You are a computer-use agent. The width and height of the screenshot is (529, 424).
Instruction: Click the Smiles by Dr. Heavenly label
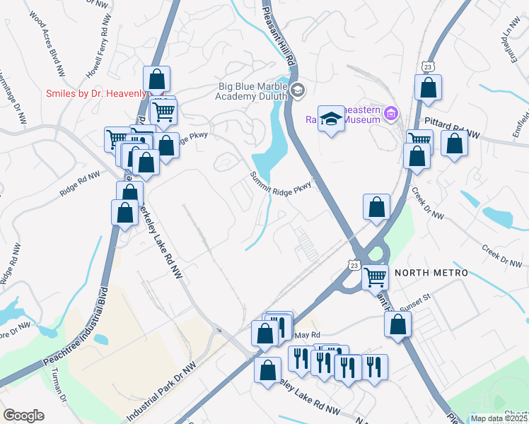click(x=96, y=93)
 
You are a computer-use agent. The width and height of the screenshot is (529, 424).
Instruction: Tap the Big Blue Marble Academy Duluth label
click(x=252, y=91)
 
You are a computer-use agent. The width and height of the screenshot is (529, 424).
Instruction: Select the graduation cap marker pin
click(x=330, y=119)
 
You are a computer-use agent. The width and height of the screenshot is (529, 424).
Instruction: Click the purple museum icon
click(x=390, y=112)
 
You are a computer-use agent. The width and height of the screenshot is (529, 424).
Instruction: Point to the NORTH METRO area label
click(x=431, y=273)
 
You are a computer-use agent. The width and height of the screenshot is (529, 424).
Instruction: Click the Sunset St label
click(x=415, y=307)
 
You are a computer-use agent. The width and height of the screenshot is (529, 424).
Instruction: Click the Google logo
click(x=23, y=416)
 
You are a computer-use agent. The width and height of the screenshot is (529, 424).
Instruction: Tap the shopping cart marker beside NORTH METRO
click(x=376, y=276)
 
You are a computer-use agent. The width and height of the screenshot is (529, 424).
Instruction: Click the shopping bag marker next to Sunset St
click(x=398, y=324)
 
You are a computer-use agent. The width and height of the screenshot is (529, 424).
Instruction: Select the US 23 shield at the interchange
click(x=354, y=264)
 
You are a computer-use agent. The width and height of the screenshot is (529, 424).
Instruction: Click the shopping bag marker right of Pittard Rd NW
click(x=454, y=143)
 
